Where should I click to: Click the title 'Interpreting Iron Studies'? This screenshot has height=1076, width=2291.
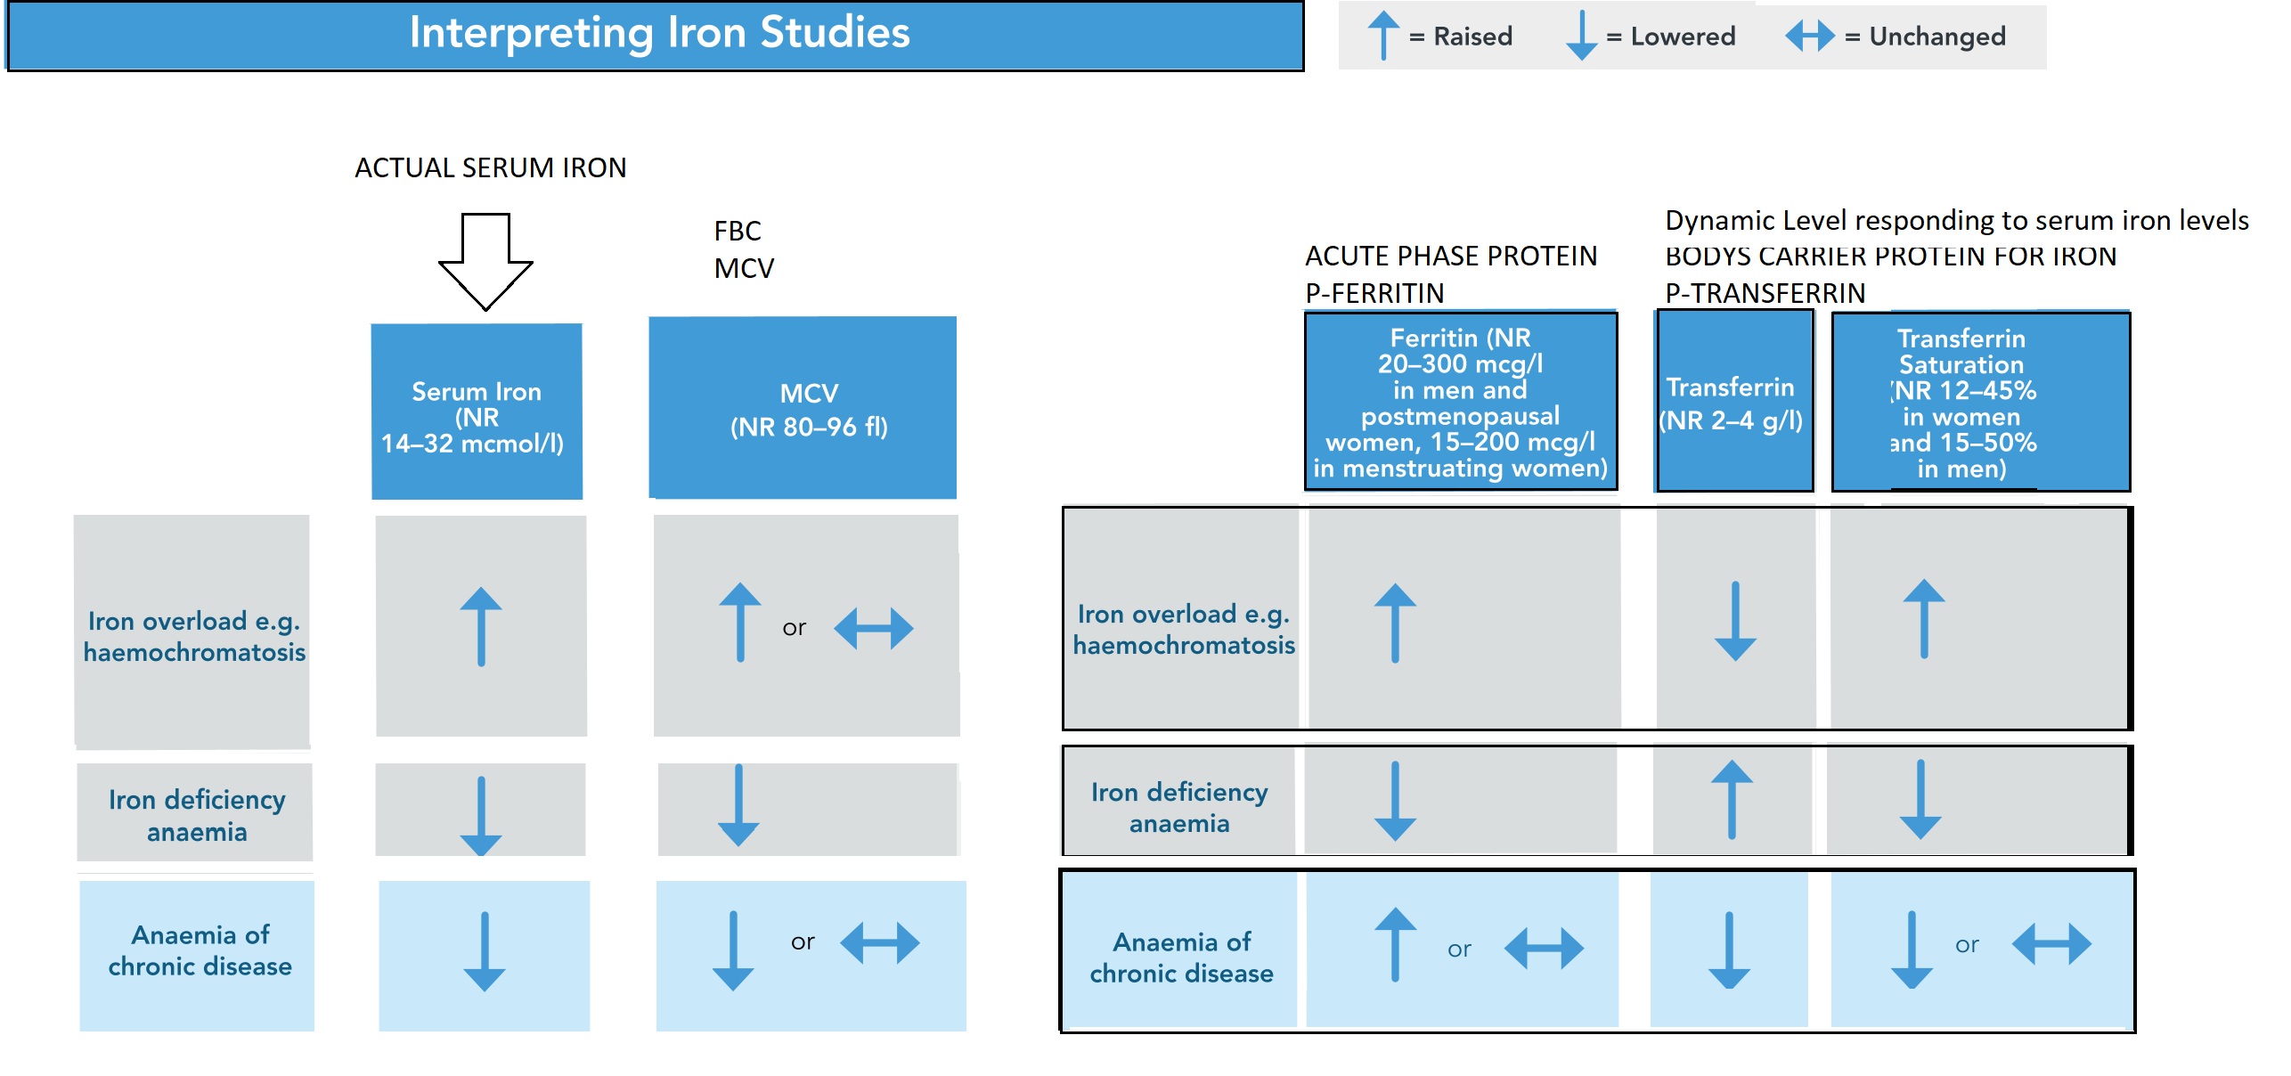[x=659, y=34]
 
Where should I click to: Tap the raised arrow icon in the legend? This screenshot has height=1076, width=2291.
[x=1382, y=36]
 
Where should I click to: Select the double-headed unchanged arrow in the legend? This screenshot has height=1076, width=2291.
[x=1810, y=36]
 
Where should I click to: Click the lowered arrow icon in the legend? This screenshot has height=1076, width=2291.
[x=1581, y=36]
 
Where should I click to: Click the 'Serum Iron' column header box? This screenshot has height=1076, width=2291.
[x=477, y=412]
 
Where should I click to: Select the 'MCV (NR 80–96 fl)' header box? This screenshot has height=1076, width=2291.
[x=803, y=408]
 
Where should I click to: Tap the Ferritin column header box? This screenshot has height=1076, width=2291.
[x=1461, y=401]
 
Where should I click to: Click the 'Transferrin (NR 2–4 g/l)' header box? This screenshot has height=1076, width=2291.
[x=1734, y=401]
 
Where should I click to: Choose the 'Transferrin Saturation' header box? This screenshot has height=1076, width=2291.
[x=1981, y=402]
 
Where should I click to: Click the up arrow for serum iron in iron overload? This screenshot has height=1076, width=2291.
[x=481, y=626]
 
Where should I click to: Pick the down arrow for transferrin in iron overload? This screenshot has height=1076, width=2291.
[x=1735, y=621]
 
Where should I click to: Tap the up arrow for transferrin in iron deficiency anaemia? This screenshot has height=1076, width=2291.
[x=1732, y=799]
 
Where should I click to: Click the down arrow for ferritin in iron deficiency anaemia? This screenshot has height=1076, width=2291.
[x=1395, y=801]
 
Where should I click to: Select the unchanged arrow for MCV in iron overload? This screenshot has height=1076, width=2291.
[x=874, y=628]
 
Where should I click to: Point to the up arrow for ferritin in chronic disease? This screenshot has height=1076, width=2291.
[x=1395, y=944]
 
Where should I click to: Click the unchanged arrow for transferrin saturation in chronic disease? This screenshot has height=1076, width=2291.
[x=2051, y=943]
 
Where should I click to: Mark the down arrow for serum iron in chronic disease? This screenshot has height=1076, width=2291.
[x=485, y=951]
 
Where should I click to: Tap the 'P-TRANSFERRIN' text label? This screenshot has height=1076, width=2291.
[x=1765, y=293]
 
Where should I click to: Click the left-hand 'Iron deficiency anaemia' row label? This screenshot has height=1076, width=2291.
[x=197, y=815]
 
